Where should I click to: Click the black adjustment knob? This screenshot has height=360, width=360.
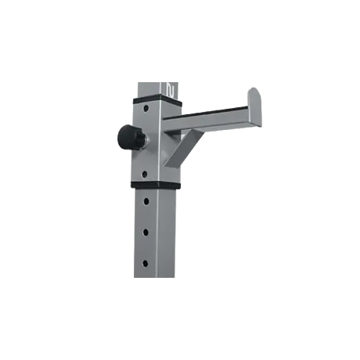coord(127,138)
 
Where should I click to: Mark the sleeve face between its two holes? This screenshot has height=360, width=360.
coord(147,141)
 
